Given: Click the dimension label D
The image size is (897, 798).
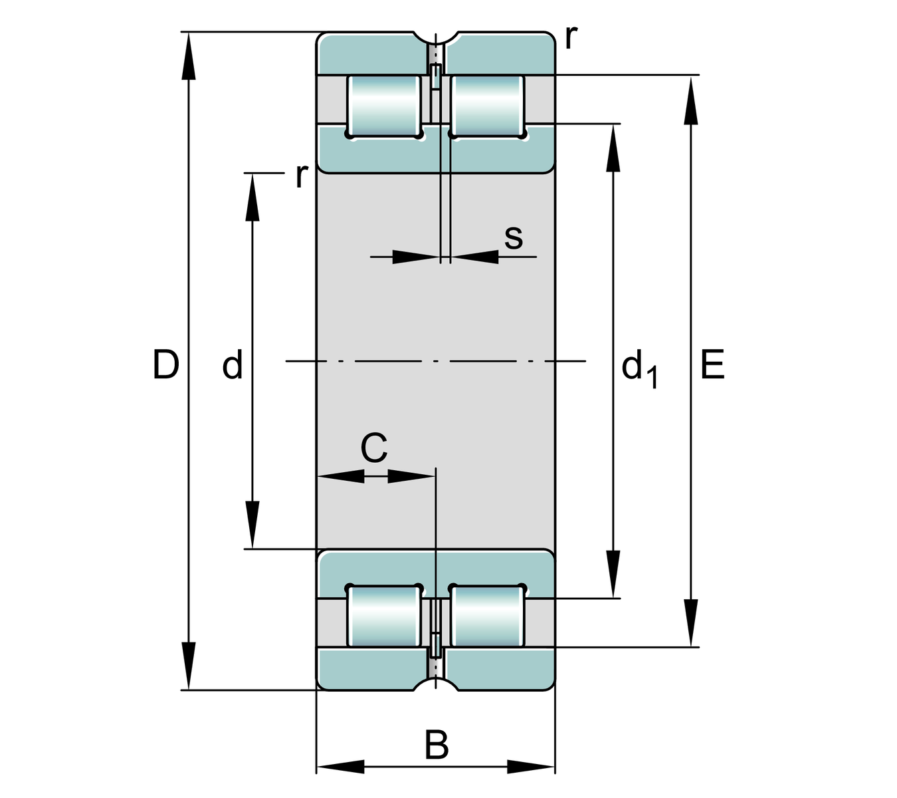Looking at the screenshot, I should [x=166, y=364].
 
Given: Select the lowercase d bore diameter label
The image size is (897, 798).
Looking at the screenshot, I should [x=233, y=365].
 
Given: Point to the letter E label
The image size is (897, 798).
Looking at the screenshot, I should [x=712, y=365].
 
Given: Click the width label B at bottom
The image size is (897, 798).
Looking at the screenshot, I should [x=437, y=745].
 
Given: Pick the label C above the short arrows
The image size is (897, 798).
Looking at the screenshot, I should [x=373, y=448].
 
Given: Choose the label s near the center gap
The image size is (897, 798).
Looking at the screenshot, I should [x=513, y=237].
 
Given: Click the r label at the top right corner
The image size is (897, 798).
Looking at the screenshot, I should [x=571, y=37].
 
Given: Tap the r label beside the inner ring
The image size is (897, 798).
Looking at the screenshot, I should [x=302, y=176].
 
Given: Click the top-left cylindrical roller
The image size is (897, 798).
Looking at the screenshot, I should [x=383, y=106].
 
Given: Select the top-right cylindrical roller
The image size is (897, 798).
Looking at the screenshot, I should [x=488, y=106].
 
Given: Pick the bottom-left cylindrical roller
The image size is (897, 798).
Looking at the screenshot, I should [x=383, y=616].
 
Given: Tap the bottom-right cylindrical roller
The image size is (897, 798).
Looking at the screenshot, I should [x=488, y=616].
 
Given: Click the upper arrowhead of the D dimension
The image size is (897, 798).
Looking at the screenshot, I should [x=189, y=56].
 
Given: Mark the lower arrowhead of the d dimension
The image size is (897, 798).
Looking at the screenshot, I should [x=252, y=525].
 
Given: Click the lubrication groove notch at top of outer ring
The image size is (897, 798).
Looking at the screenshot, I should [x=435, y=36].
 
